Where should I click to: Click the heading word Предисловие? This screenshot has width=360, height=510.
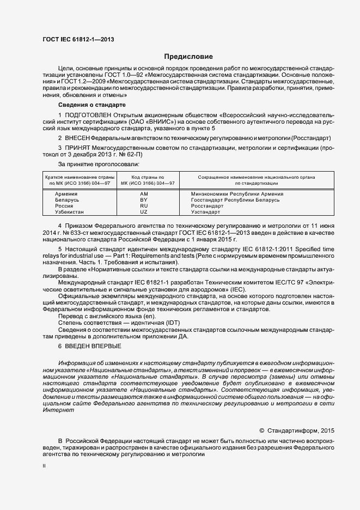point(189,56)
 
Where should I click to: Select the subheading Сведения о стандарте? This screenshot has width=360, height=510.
point(92,104)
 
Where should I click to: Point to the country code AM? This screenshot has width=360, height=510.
point(144,194)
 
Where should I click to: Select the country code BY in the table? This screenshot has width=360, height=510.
point(144,200)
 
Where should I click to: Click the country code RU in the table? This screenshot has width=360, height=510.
point(144,206)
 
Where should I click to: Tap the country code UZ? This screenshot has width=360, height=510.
point(144,212)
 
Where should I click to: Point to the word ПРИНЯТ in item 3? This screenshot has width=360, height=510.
point(80,148)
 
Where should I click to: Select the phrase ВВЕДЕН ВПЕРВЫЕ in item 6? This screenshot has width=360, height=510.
point(93,346)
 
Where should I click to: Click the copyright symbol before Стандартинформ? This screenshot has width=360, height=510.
point(261,430)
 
